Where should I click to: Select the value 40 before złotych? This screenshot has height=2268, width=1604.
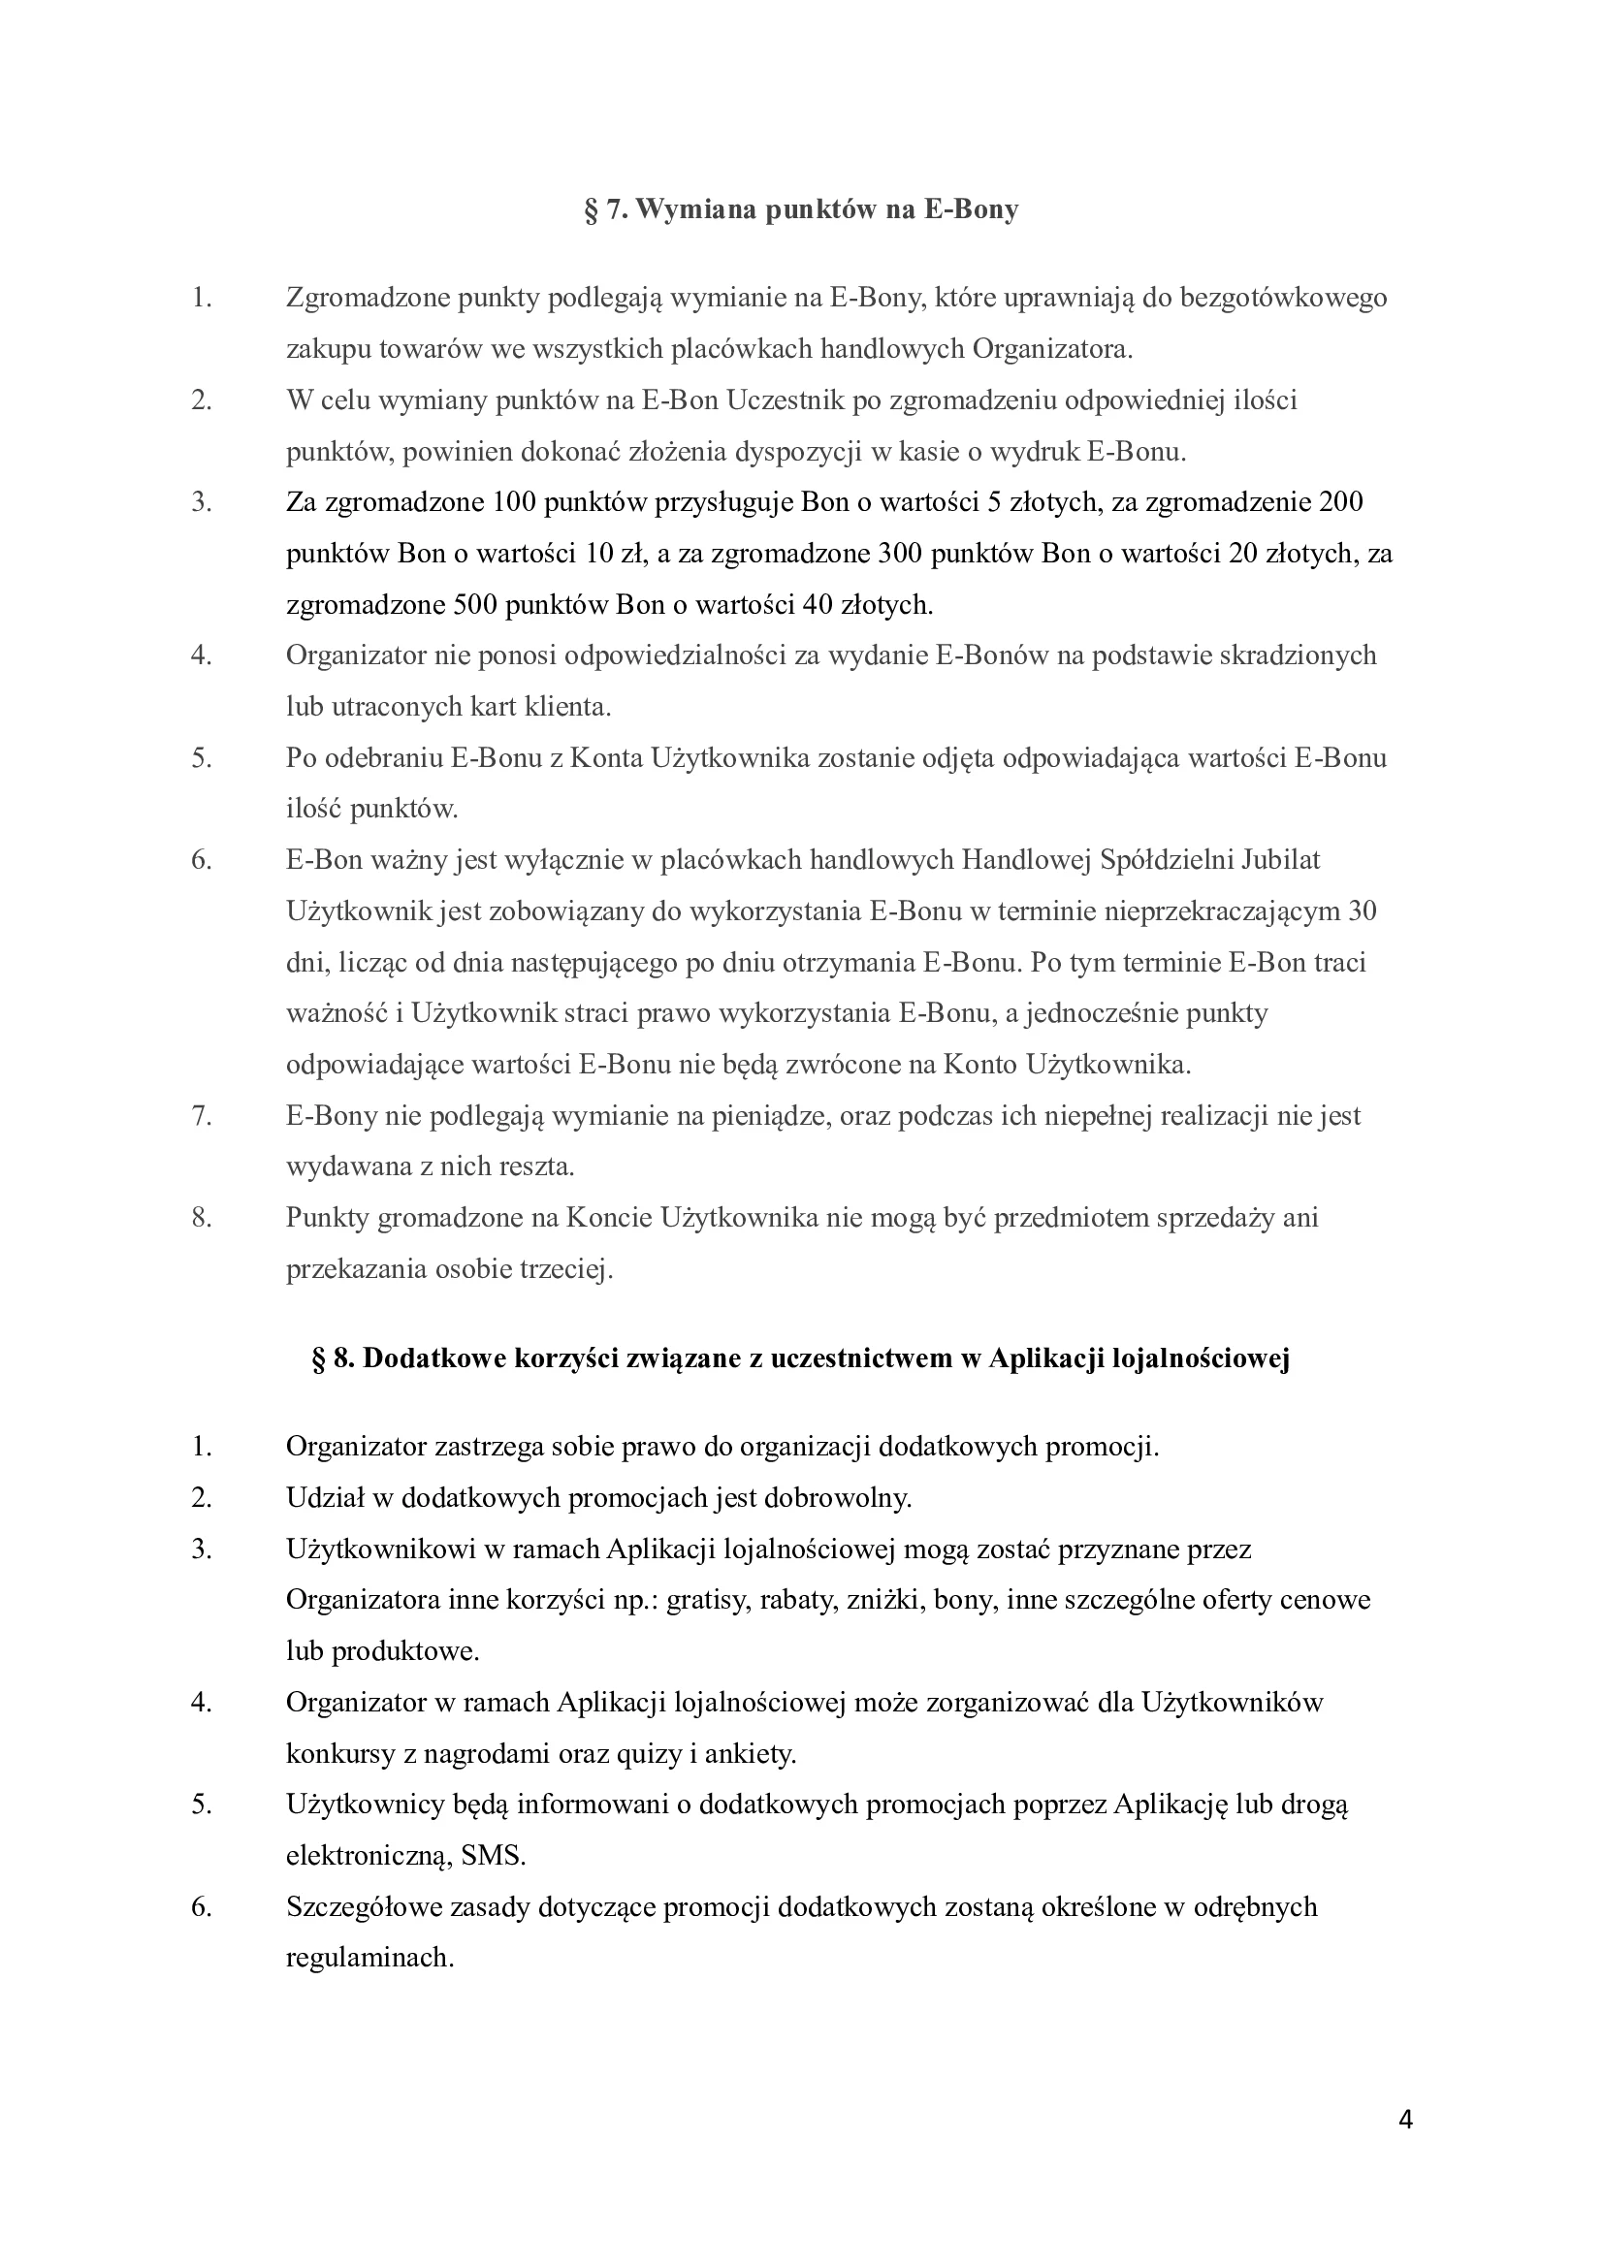point(818,604)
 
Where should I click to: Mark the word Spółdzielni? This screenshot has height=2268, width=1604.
point(1160,859)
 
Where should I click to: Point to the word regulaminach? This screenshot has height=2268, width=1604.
point(369,1958)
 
